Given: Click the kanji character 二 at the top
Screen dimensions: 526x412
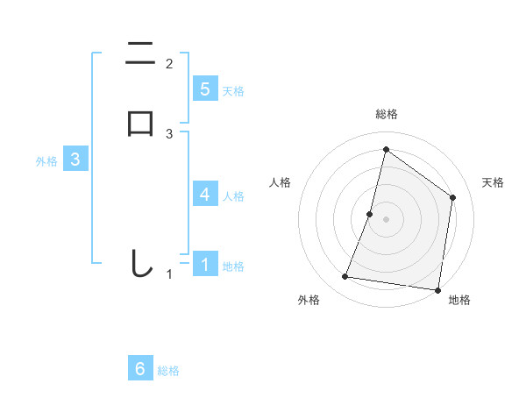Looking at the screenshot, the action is (140, 53).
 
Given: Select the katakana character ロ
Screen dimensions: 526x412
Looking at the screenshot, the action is (140, 124).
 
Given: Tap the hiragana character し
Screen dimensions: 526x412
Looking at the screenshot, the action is (140, 264).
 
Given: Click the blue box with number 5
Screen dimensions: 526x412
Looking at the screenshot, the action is (205, 89).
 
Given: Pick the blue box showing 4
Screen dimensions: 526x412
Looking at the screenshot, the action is (205, 194).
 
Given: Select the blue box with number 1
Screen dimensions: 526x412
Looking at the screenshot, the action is (205, 264).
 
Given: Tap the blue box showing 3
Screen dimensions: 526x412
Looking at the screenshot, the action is (75, 160).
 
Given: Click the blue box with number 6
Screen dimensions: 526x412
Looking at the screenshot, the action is (140, 369).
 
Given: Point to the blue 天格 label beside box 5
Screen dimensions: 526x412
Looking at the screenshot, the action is (233, 90).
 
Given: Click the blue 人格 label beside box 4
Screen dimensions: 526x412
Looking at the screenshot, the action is (233, 195).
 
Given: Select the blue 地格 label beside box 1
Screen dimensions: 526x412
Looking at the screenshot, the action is (233, 266).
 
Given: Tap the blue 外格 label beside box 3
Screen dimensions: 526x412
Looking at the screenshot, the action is (46, 161).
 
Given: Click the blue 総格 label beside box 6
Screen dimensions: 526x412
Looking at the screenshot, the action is (168, 371).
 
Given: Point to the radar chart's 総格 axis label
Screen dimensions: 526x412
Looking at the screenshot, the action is (386, 114).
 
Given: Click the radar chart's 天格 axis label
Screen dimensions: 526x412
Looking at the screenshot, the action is (493, 182).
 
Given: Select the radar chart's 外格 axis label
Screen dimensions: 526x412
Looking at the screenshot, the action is (309, 300).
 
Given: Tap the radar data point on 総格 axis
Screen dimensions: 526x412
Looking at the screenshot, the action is (386, 149).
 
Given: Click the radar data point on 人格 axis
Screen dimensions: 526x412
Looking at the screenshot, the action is (370, 214).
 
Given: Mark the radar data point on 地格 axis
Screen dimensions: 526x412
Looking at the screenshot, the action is (437, 289).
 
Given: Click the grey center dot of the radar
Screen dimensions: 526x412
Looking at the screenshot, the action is (386, 219).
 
